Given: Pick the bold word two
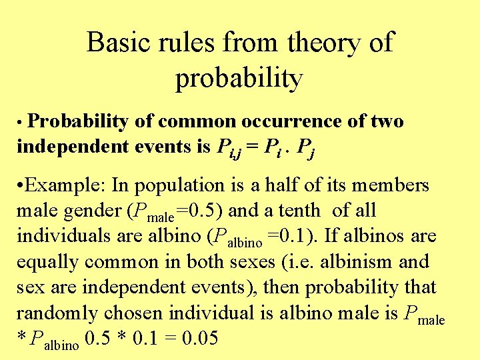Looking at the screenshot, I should [386, 122].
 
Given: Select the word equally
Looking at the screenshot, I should [46, 262].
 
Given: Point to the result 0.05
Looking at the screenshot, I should [199, 339].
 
